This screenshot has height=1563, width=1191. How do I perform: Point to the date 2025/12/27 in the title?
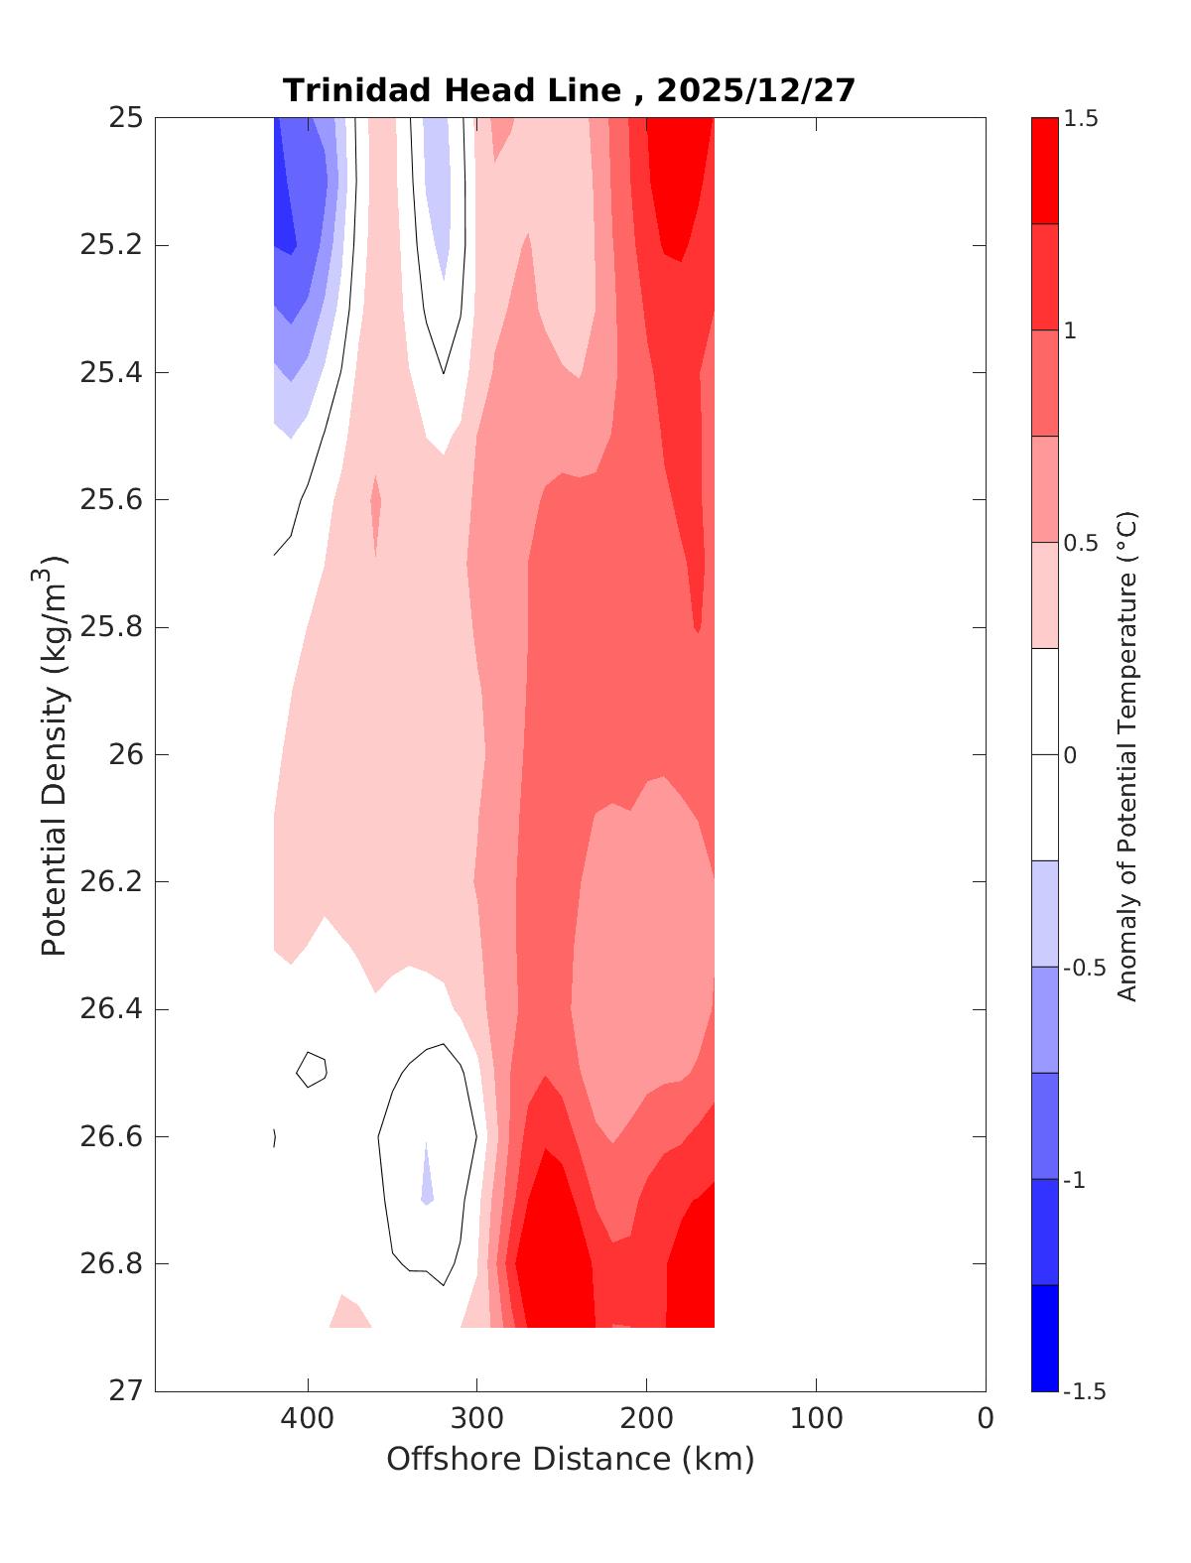point(755,90)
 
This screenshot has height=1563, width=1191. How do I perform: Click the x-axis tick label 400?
point(308,1419)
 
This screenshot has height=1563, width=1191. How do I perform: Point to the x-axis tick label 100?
point(816,1419)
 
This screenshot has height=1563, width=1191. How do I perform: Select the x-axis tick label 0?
point(986,1419)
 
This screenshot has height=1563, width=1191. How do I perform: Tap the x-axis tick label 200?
point(646,1419)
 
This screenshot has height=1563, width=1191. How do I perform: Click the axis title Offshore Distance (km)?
point(570,1459)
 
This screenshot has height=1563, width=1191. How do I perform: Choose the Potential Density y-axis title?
point(55,754)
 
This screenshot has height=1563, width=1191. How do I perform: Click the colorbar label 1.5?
point(1081,118)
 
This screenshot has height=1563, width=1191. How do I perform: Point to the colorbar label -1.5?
point(1084,1391)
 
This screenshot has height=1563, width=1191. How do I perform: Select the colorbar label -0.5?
point(1084,968)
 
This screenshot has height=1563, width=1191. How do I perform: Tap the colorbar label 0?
point(1070,755)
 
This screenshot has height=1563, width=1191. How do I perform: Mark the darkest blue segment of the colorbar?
point(1044,1338)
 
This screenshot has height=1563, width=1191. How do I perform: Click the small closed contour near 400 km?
point(312,1069)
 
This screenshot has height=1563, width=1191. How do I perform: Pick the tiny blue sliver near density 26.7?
point(427,1181)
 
